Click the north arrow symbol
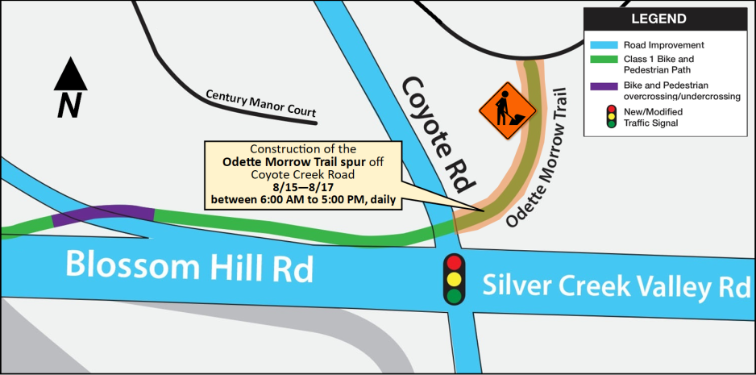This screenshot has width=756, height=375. (70, 78)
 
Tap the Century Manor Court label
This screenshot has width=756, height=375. (260, 103)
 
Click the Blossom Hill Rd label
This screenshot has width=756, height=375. (189, 267)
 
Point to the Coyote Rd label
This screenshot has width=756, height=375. (435, 133)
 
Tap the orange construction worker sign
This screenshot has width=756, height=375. (507, 111)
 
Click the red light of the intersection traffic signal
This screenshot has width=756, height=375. (455, 262)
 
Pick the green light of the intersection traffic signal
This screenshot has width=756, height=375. (455, 296)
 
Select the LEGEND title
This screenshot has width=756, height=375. (658, 19)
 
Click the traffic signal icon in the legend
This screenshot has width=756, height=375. (612, 117)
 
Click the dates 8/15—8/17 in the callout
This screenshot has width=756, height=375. (302, 186)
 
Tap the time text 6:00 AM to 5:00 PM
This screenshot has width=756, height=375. (327, 199)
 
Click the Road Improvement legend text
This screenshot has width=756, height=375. (663, 45)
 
